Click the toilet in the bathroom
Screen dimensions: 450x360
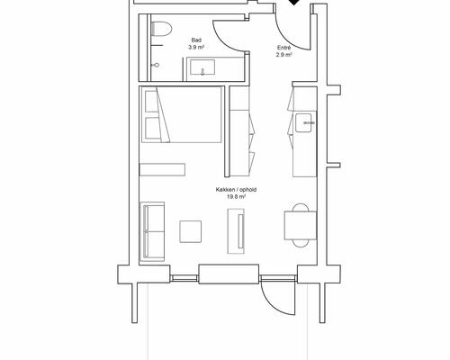coord(161,29)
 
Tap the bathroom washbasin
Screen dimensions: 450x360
coord(202,67)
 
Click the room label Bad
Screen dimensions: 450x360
coord(196,40)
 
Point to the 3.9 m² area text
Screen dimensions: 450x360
coord(196,47)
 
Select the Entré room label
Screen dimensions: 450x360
coord(283,48)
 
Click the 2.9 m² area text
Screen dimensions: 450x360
coord(283,55)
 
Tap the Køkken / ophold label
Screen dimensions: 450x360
coord(236,190)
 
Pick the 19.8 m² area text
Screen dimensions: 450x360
coord(236,197)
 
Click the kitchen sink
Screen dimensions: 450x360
coord(305,123)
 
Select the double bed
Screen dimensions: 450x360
coord(182,114)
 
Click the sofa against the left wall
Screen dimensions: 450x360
coord(152,231)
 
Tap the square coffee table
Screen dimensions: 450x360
coord(191,231)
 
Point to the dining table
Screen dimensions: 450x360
coord(301,225)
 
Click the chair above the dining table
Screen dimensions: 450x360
coord(301,207)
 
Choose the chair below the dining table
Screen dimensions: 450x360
coord(301,243)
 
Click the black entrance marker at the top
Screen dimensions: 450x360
coord(294,2)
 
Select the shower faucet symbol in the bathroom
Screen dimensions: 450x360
coord(156,65)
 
